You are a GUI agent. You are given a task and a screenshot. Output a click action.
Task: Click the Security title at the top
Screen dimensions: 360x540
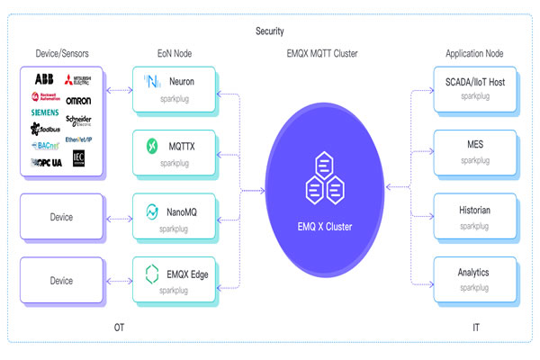[x=270, y=32]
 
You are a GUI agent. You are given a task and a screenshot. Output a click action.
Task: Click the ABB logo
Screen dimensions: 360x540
[x=43, y=79]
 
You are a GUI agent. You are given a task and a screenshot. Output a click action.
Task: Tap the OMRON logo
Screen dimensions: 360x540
[x=78, y=100]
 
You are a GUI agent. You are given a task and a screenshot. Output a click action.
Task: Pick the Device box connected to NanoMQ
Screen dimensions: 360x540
[x=61, y=217]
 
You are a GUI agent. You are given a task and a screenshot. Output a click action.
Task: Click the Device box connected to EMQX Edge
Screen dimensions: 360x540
[x=61, y=280]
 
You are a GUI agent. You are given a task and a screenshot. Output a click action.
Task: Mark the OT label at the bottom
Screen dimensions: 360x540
[x=120, y=328]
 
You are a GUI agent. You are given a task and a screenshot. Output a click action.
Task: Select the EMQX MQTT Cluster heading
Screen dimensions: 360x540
[x=321, y=54]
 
